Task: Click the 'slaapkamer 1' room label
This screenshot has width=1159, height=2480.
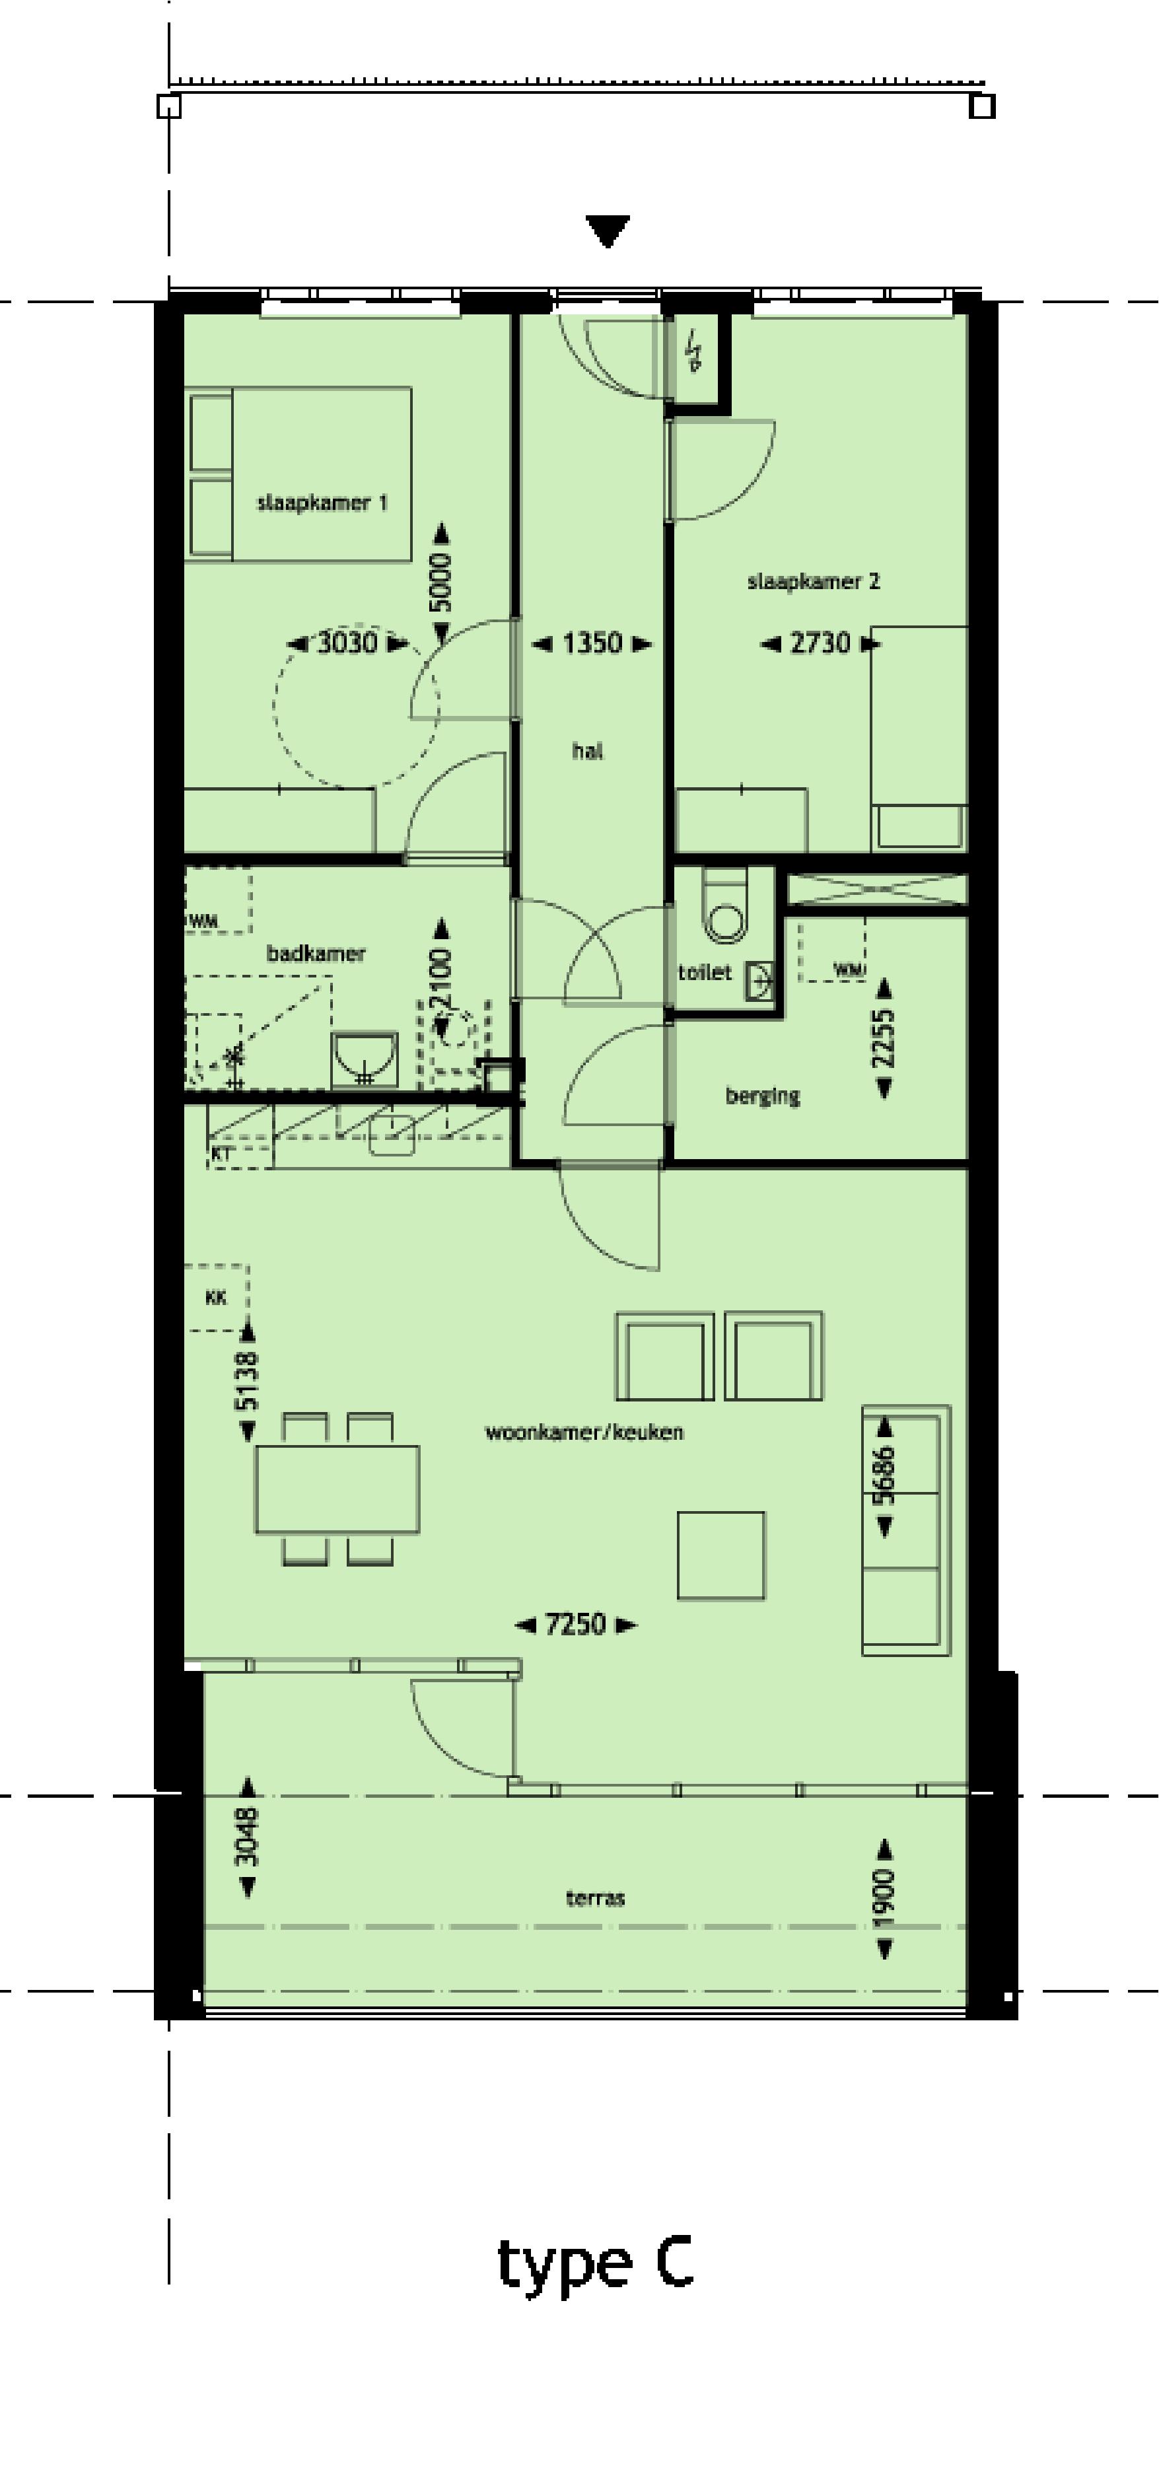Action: point(322,503)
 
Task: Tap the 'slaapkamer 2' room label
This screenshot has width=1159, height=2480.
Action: point(814,581)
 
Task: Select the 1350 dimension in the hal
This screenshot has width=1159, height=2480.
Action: point(591,643)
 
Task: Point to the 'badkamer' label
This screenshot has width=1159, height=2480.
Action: point(316,953)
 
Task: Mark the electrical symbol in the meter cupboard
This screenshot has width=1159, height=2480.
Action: point(693,351)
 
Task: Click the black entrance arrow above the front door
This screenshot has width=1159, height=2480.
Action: point(608,230)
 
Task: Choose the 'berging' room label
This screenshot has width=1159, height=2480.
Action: point(762,1096)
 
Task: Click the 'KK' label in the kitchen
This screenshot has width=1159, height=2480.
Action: point(216,1298)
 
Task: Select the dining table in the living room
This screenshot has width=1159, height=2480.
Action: point(337,1489)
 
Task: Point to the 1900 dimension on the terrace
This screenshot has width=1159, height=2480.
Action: point(884,1899)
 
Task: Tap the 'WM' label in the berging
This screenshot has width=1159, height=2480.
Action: point(847,970)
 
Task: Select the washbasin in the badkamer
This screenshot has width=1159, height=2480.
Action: point(364,1058)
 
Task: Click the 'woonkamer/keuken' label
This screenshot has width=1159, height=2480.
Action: point(583,1432)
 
